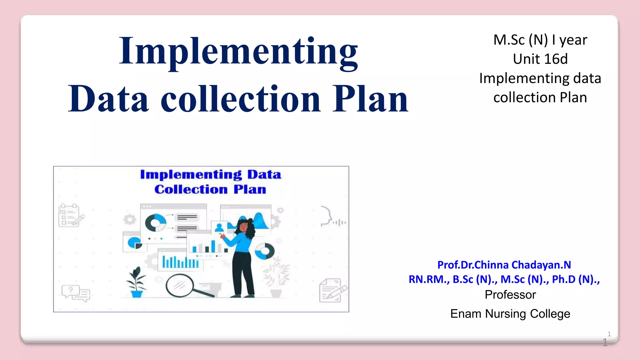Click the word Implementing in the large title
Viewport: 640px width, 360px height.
(238, 52)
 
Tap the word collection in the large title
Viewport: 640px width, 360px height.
(241, 99)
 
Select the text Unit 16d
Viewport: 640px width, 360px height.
(540, 59)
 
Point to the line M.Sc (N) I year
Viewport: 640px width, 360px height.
(540, 40)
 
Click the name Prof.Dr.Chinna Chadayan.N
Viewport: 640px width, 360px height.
(504, 265)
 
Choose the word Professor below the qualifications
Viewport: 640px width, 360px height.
(510, 295)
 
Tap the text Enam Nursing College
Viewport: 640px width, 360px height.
(510, 313)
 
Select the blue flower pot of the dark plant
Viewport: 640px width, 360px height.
(137, 294)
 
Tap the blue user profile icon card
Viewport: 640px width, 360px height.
(219, 227)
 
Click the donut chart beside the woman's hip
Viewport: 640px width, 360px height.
(265, 251)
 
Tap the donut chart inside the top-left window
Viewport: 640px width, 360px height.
(155, 222)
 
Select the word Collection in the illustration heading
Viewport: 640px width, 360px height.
(191, 189)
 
